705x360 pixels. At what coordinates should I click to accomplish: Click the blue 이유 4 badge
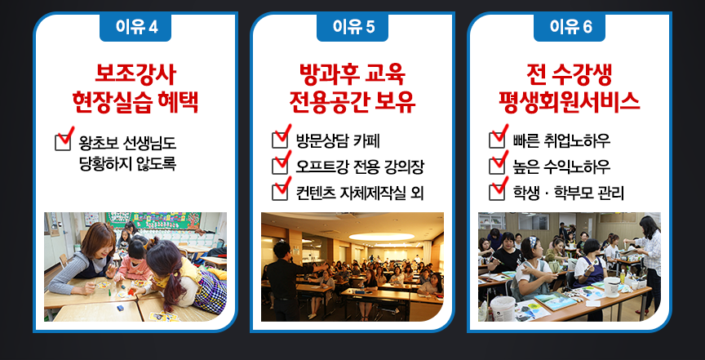coord(135,27)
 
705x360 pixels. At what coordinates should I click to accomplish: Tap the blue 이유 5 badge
coord(352,27)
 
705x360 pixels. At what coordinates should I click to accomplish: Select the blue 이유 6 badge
coord(570,27)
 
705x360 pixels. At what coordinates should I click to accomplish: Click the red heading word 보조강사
coord(135,75)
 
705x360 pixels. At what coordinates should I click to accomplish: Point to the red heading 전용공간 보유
coord(352,103)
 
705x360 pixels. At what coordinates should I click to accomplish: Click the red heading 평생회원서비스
coord(570,103)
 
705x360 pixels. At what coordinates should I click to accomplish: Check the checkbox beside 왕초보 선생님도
coord(63,142)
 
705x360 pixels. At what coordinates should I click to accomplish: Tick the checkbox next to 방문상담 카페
coord(280,140)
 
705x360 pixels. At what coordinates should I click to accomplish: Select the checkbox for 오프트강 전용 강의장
coord(280,166)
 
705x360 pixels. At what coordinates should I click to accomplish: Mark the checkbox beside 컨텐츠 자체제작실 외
coord(280,192)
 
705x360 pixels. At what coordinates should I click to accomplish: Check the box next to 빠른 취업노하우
coord(496,140)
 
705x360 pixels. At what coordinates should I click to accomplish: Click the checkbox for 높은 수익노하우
coord(496,166)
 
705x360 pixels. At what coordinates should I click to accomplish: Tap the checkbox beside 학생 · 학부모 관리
coord(496,192)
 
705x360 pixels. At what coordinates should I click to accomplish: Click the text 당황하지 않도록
coord(127,164)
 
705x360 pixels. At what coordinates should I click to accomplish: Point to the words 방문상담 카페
coord(338,141)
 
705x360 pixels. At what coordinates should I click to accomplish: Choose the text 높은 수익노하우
coord(561,167)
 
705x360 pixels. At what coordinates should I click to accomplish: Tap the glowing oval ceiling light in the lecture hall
coord(381,237)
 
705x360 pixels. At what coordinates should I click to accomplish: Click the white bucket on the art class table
coord(502,309)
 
